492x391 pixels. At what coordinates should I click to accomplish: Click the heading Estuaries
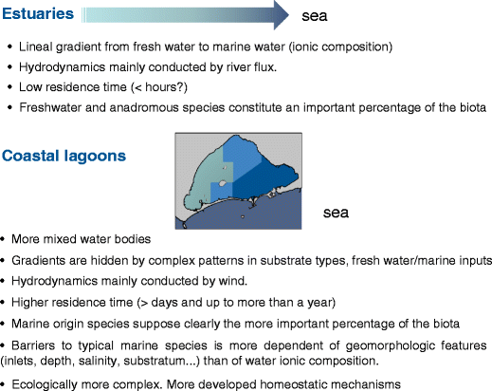click(x=42, y=14)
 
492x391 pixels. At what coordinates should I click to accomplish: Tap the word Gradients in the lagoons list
click(x=44, y=260)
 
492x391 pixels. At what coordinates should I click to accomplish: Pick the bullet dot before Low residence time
click(x=10, y=87)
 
